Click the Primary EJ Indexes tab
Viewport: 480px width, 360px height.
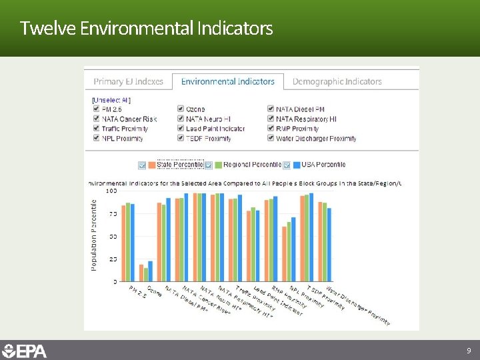pyautogui.click(x=128, y=81)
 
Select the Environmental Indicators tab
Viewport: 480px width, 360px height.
pyautogui.click(x=227, y=81)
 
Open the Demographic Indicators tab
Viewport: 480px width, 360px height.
pyautogui.click(x=337, y=81)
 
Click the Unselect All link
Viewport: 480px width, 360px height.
pyautogui.click(x=111, y=100)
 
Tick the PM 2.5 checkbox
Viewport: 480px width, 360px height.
pyautogui.click(x=96, y=109)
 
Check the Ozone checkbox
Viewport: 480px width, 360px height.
pyautogui.click(x=181, y=109)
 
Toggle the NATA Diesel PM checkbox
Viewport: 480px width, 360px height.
pyautogui.click(x=271, y=109)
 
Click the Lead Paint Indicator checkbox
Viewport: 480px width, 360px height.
pyautogui.click(x=181, y=129)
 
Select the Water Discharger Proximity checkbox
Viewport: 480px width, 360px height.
pyautogui.click(x=271, y=139)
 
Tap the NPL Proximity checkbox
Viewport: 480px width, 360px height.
pyautogui.click(x=96, y=139)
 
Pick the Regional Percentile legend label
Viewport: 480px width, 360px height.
pyautogui.click(x=251, y=165)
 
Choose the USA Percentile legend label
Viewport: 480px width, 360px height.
pyautogui.click(x=323, y=165)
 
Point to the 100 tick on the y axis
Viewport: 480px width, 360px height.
pyautogui.click(x=111, y=191)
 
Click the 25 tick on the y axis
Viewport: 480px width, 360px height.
pyautogui.click(x=113, y=259)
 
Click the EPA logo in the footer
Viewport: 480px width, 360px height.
pyautogui.click(x=25, y=351)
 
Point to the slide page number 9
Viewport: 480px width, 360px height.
pyautogui.click(x=469, y=351)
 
